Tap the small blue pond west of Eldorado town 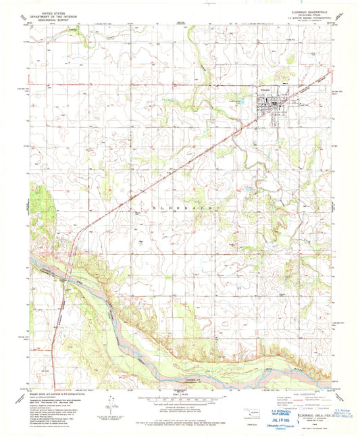point(237,101)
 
